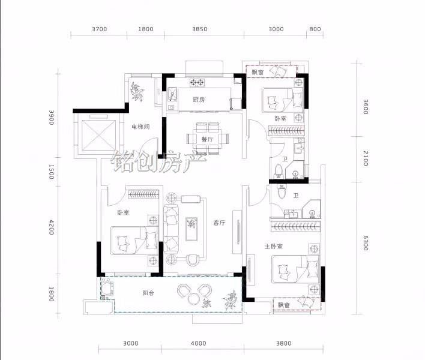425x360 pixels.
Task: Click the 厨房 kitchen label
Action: [x=199, y=100]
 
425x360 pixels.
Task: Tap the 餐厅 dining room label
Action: [x=207, y=139]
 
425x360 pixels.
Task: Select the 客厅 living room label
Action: [x=219, y=223]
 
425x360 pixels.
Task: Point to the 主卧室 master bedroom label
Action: [x=274, y=247]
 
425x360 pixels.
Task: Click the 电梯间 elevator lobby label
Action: [x=140, y=127]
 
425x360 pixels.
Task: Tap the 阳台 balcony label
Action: [x=148, y=293]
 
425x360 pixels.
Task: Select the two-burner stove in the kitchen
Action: [x=197, y=82]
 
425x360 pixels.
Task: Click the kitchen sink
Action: [x=172, y=95]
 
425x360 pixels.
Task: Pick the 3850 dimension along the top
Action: [x=200, y=29]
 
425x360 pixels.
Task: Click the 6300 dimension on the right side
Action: [x=366, y=243]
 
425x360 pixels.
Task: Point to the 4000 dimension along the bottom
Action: [x=199, y=343]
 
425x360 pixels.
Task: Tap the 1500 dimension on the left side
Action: [x=51, y=172]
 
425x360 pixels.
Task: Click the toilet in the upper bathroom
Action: [x=279, y=171]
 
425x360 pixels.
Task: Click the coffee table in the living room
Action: [x=191, y=229]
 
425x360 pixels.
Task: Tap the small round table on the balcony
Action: [x=193, y=299]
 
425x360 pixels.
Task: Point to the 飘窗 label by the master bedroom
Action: [x=284, y=305]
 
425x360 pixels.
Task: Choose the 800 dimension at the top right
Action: [x=315, y=29]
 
